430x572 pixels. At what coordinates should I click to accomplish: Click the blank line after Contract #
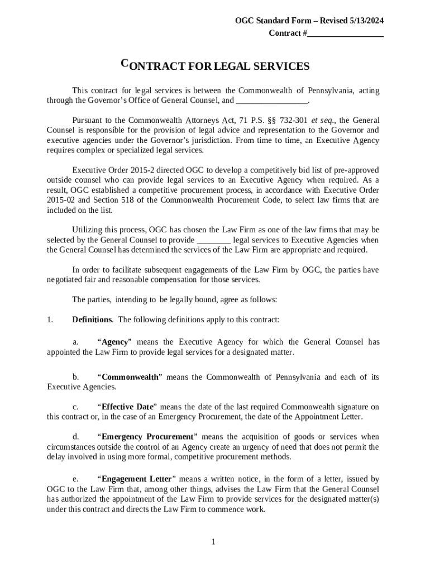coord(346,34)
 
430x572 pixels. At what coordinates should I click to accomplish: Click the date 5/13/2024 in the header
coord(366,21)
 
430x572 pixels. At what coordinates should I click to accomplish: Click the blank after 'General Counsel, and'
coord(272,101)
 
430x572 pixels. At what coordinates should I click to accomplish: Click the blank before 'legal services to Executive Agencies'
coord(214,240)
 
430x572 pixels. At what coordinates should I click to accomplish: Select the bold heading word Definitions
coord(92,320)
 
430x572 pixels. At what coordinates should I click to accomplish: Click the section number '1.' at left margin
coord(50,320)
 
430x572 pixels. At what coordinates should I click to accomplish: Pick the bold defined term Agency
coord(115,342)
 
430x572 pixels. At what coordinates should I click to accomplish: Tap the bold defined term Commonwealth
coord(130,377)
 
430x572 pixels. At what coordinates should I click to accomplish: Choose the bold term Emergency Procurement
coord(147,437)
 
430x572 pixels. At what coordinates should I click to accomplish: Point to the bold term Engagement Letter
coord(136,479)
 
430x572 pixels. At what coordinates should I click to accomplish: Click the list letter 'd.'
coord(75,437)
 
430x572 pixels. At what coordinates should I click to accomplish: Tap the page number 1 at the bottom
coord(213,542)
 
